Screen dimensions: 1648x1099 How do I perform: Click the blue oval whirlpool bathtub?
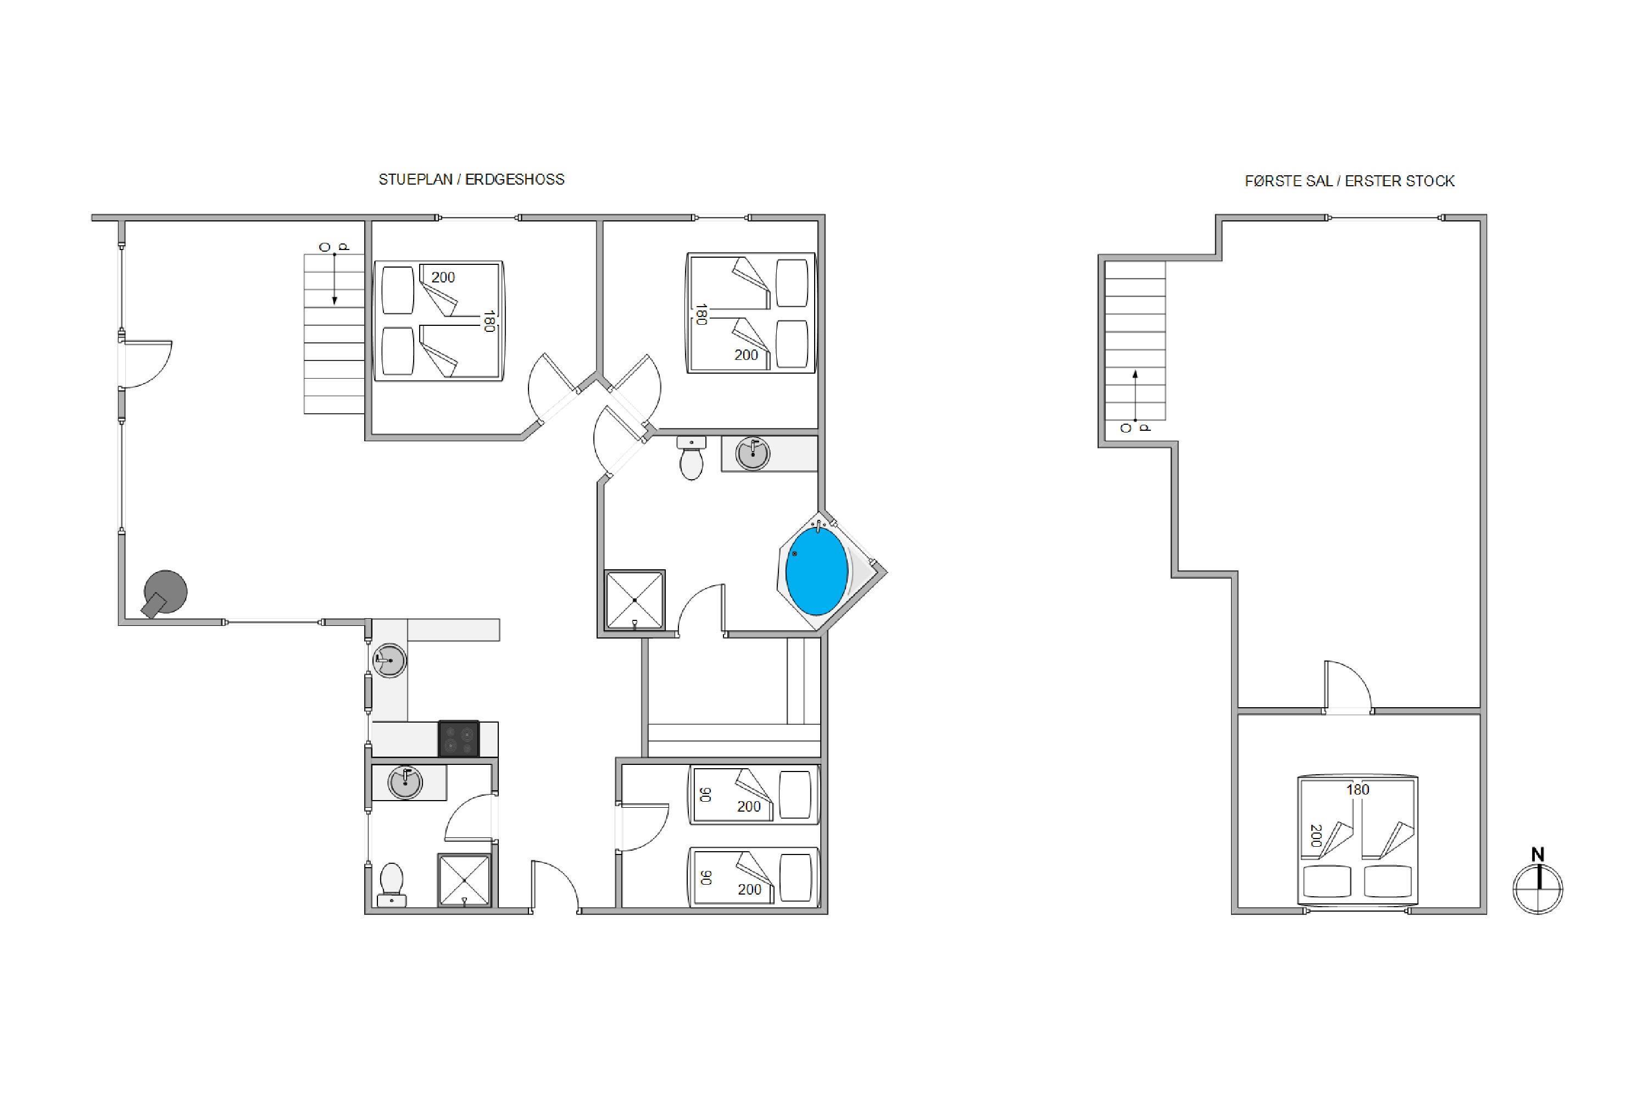816,571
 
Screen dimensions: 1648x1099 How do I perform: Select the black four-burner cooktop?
458,739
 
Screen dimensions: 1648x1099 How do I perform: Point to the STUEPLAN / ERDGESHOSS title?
471,180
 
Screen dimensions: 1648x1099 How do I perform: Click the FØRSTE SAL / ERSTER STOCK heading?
1350,181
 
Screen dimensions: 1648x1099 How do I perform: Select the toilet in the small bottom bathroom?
391,885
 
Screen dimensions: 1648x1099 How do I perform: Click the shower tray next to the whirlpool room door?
635,600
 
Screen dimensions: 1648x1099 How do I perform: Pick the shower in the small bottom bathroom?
464,880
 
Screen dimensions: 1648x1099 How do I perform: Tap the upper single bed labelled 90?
753,794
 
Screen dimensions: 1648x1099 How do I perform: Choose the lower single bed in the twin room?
753,877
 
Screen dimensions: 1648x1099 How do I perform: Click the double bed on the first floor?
1358,839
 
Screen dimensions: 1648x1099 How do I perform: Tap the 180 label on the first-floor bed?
1357,789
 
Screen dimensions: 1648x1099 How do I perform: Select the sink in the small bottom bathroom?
405,782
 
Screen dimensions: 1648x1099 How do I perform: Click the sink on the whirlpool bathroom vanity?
753,453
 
